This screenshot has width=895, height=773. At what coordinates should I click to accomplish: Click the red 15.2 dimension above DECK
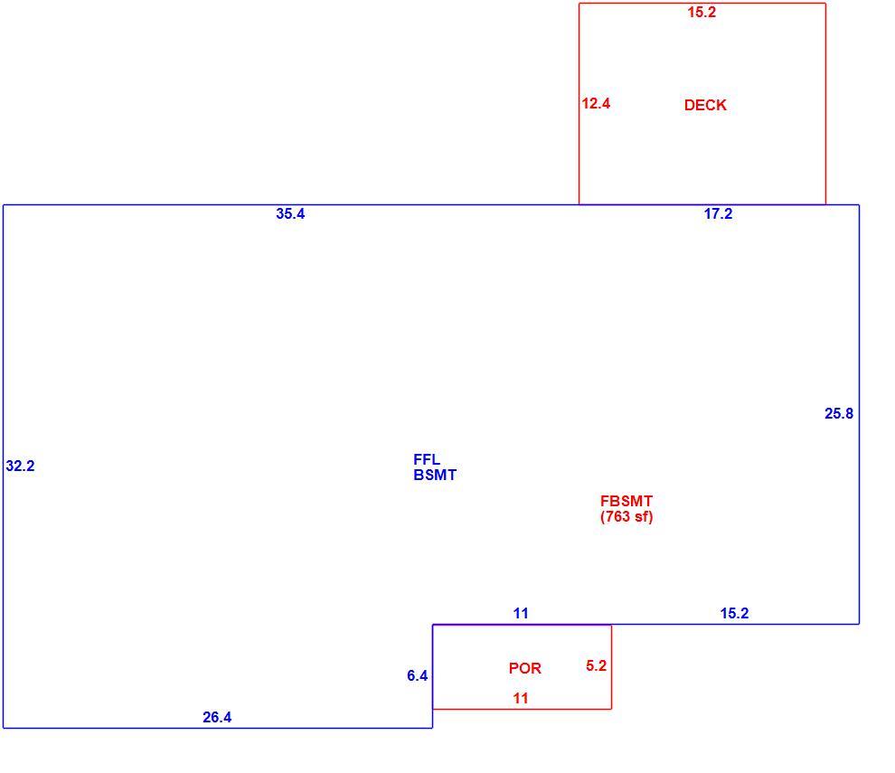click(702, 12)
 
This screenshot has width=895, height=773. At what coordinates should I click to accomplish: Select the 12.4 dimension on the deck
click(596, 103)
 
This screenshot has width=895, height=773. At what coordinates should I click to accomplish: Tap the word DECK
click(705, 105)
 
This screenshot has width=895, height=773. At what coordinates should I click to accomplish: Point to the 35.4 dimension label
click(290, 213)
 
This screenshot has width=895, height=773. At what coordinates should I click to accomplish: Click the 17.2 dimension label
click(718, 213)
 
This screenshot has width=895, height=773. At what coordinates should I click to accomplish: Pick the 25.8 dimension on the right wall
click(839, 413)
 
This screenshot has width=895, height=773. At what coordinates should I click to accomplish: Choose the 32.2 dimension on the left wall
click(21, 466)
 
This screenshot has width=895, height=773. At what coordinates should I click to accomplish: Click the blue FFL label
click(427, 459)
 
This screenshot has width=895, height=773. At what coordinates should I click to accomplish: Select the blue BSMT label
click(435, 475)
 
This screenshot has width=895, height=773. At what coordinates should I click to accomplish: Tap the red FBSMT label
click(626, 501)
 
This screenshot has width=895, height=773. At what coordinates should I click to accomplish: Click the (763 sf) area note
click(626, 516)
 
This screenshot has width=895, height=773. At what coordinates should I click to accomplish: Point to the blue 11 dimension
click(521, 613)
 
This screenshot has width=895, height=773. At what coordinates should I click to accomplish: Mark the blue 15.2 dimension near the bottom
click(735, 613)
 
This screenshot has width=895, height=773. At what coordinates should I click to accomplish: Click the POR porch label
click(525, 668)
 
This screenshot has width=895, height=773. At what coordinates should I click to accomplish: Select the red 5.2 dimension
click(597, 665)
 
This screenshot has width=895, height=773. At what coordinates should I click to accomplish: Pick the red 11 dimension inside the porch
click(521, 698)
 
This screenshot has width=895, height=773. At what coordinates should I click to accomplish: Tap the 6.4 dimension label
click(418, 676)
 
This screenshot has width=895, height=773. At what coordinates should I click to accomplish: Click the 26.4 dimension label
click(218, 717)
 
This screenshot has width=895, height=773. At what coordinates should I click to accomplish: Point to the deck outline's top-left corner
click(579, 4)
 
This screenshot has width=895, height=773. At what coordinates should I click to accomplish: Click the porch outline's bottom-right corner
click(611, 709)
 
